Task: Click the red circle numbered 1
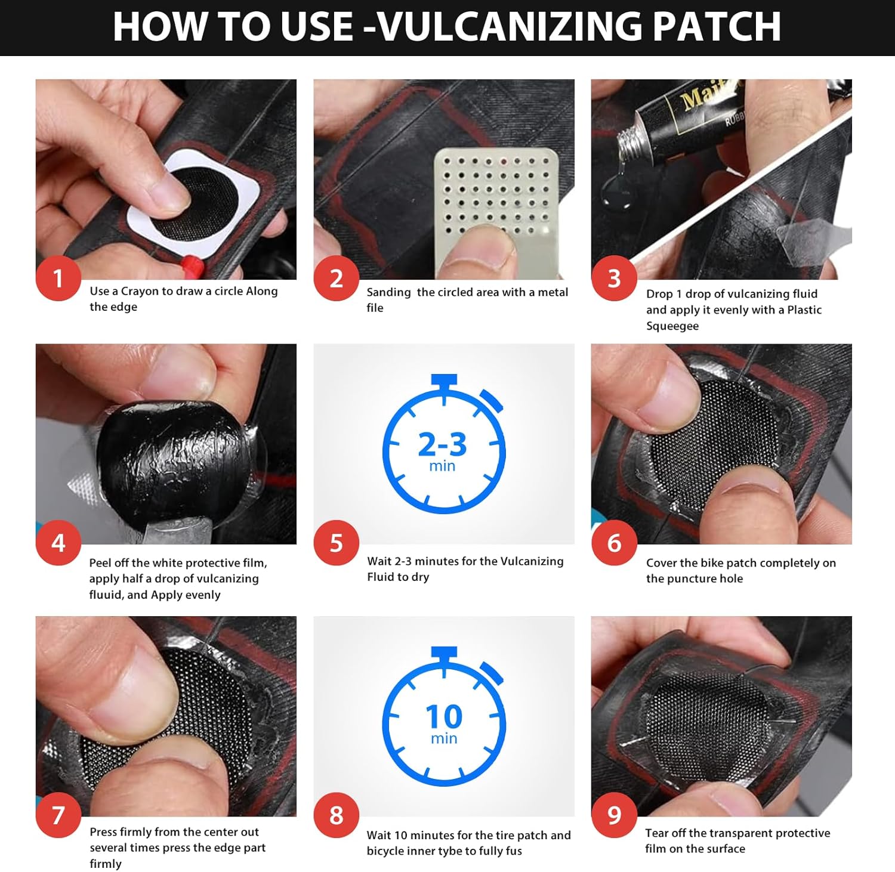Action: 58,279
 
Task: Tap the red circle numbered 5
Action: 336,543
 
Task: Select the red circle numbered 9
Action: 614,815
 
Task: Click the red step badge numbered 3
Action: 614,279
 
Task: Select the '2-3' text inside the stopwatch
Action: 442,444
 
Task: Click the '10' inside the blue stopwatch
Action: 444,717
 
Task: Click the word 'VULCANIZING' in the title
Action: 511,26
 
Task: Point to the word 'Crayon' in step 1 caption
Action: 140,292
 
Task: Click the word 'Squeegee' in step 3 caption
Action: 672,326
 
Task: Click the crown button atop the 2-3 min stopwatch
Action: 444,381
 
